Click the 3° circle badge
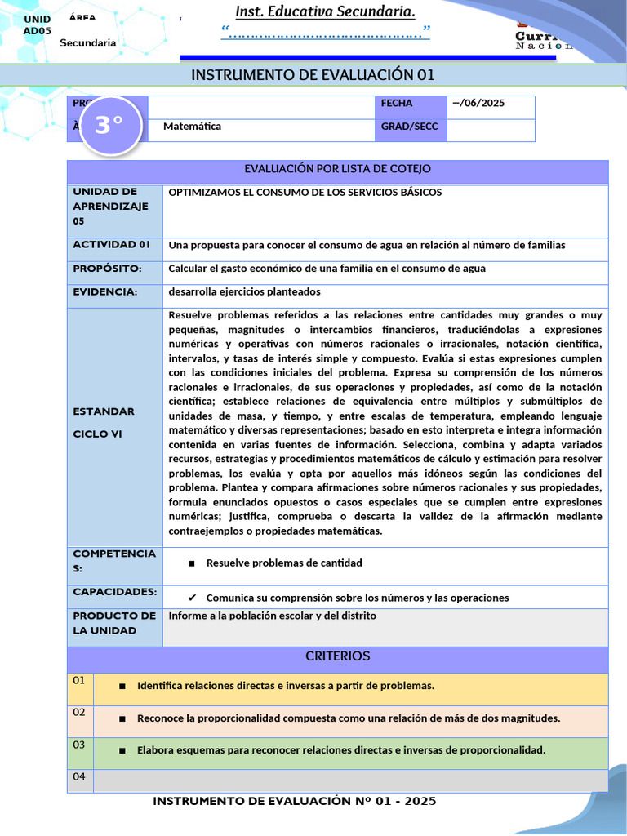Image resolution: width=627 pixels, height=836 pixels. coord(109,125)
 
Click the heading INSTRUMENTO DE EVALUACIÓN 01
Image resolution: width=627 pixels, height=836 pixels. coord(313,75)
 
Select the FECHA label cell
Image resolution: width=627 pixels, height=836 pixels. coord(397,103)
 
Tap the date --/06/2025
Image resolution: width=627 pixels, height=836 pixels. coord(478,103)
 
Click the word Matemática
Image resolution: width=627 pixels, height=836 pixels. coord(192,127)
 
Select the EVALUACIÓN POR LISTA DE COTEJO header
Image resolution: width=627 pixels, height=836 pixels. coord(338,169)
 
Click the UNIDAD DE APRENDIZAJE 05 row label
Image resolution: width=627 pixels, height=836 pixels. coord(110,206)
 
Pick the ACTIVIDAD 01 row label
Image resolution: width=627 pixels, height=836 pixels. coord(111,245)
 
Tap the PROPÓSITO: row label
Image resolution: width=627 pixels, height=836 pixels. coord(107,269)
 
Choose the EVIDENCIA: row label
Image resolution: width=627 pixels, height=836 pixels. coord(104,291)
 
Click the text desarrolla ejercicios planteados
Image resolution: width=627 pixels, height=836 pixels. coord(244,291)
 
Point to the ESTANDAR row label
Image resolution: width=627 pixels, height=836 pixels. coord(104,411)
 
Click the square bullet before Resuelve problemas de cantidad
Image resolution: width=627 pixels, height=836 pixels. coord(191,563)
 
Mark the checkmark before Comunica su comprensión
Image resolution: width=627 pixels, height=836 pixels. coord(192,598)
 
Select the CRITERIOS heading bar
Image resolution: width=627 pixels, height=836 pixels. coord(338,656)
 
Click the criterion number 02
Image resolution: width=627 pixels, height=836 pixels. coord(78,712)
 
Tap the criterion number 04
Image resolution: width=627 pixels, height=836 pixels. coord(78,776)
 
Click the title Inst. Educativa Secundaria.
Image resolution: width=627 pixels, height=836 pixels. coord(325,11)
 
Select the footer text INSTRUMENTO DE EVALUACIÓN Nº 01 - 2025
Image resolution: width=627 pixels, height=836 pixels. coord(295,801)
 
